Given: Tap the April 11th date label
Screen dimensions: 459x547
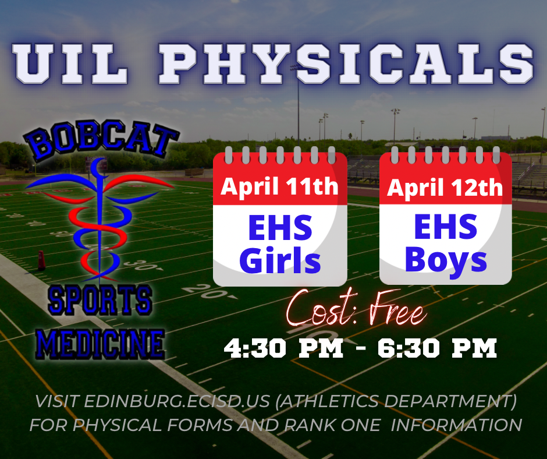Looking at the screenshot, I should coord(279,186).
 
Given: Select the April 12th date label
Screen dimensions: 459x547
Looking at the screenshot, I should coord(445,188).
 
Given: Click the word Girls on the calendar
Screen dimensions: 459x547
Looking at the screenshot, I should coord(279,261).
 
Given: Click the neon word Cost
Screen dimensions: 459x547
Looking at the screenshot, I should coord(319,313).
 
